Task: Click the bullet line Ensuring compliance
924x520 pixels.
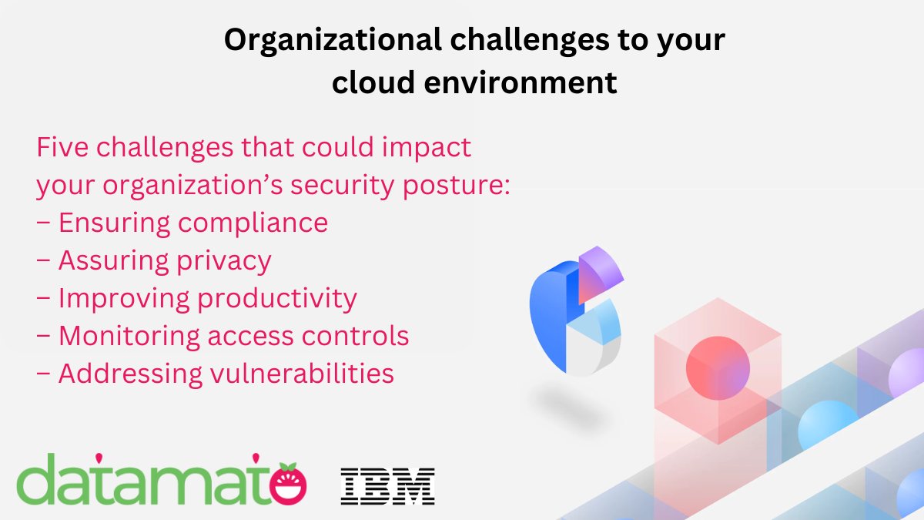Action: pyautogui.click(x=182, y=223)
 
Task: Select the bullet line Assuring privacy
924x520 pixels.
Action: pyautogui.click(x=154, y=261)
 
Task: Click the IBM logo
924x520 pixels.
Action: pyautogui.click(x=388, y=485)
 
